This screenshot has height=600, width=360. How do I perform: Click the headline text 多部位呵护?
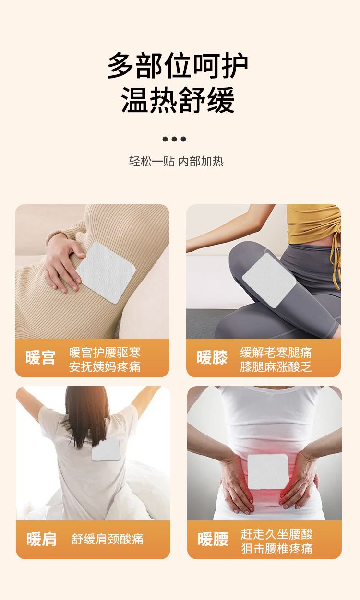point(178,66)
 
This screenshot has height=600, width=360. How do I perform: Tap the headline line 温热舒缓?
point(178,100)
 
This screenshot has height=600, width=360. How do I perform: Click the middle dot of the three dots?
point(174,139)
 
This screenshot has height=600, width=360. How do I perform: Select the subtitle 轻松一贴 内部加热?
point(176,162)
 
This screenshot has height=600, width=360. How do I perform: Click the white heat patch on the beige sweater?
point(106,272)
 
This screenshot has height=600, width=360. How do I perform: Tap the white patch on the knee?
point(269,280)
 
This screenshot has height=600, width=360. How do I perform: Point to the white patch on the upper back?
point(106,449)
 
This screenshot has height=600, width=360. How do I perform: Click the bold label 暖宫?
point(40,357)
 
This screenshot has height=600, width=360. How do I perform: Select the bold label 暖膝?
point(212,357)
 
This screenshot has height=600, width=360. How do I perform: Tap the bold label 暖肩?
point(41,539)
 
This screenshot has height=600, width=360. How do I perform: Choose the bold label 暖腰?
point(213,539)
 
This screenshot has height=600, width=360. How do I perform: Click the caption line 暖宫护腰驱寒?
point(105,353)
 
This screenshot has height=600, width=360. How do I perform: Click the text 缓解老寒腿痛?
point(276,353)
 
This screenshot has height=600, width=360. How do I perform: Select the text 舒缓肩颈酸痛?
point(108,539)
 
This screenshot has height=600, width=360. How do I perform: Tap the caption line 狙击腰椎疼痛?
point(277,548)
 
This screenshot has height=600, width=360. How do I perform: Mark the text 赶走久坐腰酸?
point(277,534)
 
